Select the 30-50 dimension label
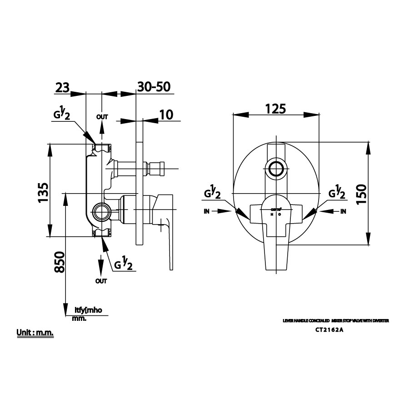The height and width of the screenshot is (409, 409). click(156, 87)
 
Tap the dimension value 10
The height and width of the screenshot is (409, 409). click(167, 115)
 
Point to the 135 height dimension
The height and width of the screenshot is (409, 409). click(43, 192)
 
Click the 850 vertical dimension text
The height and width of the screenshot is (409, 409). click(60, 262)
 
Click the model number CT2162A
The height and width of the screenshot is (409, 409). click(329, 330)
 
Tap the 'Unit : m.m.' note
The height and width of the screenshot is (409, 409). click(35, 333)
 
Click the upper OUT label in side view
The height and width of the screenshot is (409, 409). click(102, 117)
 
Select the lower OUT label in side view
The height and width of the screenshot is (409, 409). click(101, 281)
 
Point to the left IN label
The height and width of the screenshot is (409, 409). click(207, 211)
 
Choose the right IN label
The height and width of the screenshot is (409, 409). click(343, 211)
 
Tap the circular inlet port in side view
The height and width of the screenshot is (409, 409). click(101, 211)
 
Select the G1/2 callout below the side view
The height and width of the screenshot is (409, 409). click(123, 263)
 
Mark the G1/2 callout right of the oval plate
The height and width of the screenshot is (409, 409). click(336, 193)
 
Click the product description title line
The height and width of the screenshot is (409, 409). click(336, 321)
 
